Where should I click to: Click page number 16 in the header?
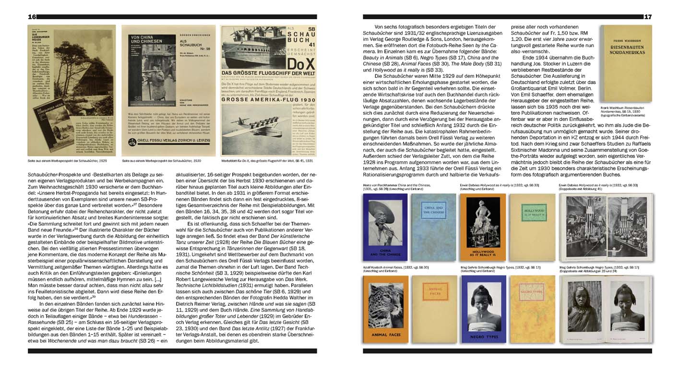pyautogui.click(x=33, y=17)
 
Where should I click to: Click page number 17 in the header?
pyautogui.click(x=648, y=17)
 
